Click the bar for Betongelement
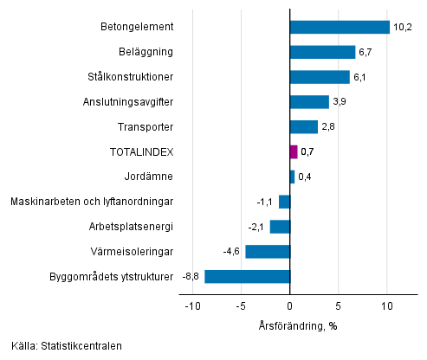click(340, 27)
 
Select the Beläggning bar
click(322, 52)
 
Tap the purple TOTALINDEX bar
click(294, 152)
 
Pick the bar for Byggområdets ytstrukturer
click(247, 277)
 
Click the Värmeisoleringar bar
click(268, 252)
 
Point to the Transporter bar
click(303, 127)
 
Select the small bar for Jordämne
click(292, 177)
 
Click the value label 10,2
click(402, 27)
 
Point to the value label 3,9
click(340, 102)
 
